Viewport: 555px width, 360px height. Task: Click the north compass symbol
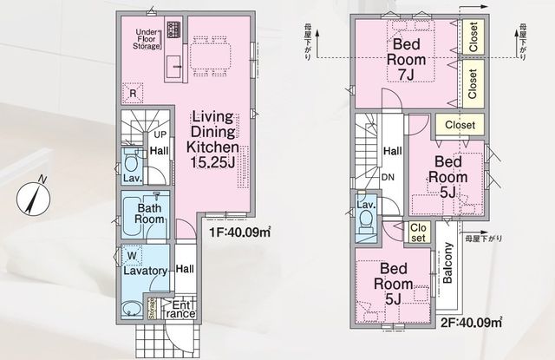[33, 199]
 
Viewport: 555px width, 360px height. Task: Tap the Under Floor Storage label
[147, 39]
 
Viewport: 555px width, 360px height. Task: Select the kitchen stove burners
[173, 29]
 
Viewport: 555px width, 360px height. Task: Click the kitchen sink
[173, 67]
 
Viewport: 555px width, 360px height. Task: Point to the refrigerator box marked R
[133, 93]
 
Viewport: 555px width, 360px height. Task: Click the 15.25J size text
[212, 162]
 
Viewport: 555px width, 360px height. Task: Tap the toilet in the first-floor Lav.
[132, 162]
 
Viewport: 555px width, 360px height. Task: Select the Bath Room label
[149, 213]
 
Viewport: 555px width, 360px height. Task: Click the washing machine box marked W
[132, 256]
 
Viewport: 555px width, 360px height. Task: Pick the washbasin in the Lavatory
[132, 309]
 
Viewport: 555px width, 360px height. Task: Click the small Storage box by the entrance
[152, 309]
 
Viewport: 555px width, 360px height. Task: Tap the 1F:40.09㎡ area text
[240, 232]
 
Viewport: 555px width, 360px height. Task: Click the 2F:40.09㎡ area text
[472, 323]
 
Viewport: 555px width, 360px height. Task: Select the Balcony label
[447, 263]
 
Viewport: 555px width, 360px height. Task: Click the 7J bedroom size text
[406, 75]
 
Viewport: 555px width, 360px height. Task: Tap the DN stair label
[388, 177]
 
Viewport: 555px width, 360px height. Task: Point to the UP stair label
[160, 134]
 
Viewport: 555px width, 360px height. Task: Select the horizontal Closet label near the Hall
[460, 125]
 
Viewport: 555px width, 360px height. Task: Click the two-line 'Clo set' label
[418, 232]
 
